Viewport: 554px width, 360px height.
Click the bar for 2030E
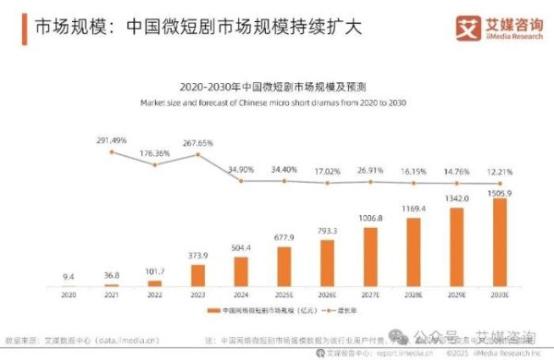[500, 242]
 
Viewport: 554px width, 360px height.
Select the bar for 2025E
[283, 267]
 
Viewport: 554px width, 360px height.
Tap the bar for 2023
[197, 275]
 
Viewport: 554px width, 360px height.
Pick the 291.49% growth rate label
[112, 140]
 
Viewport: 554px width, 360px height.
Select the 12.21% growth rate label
[500, 172]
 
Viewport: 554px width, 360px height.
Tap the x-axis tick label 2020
[67, 295]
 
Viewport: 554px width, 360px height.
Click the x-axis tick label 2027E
[370, 295]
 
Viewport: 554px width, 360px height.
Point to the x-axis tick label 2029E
[457, 295]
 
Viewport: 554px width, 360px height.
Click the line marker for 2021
[111, 151]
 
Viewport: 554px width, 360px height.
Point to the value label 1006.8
[370, 219]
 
